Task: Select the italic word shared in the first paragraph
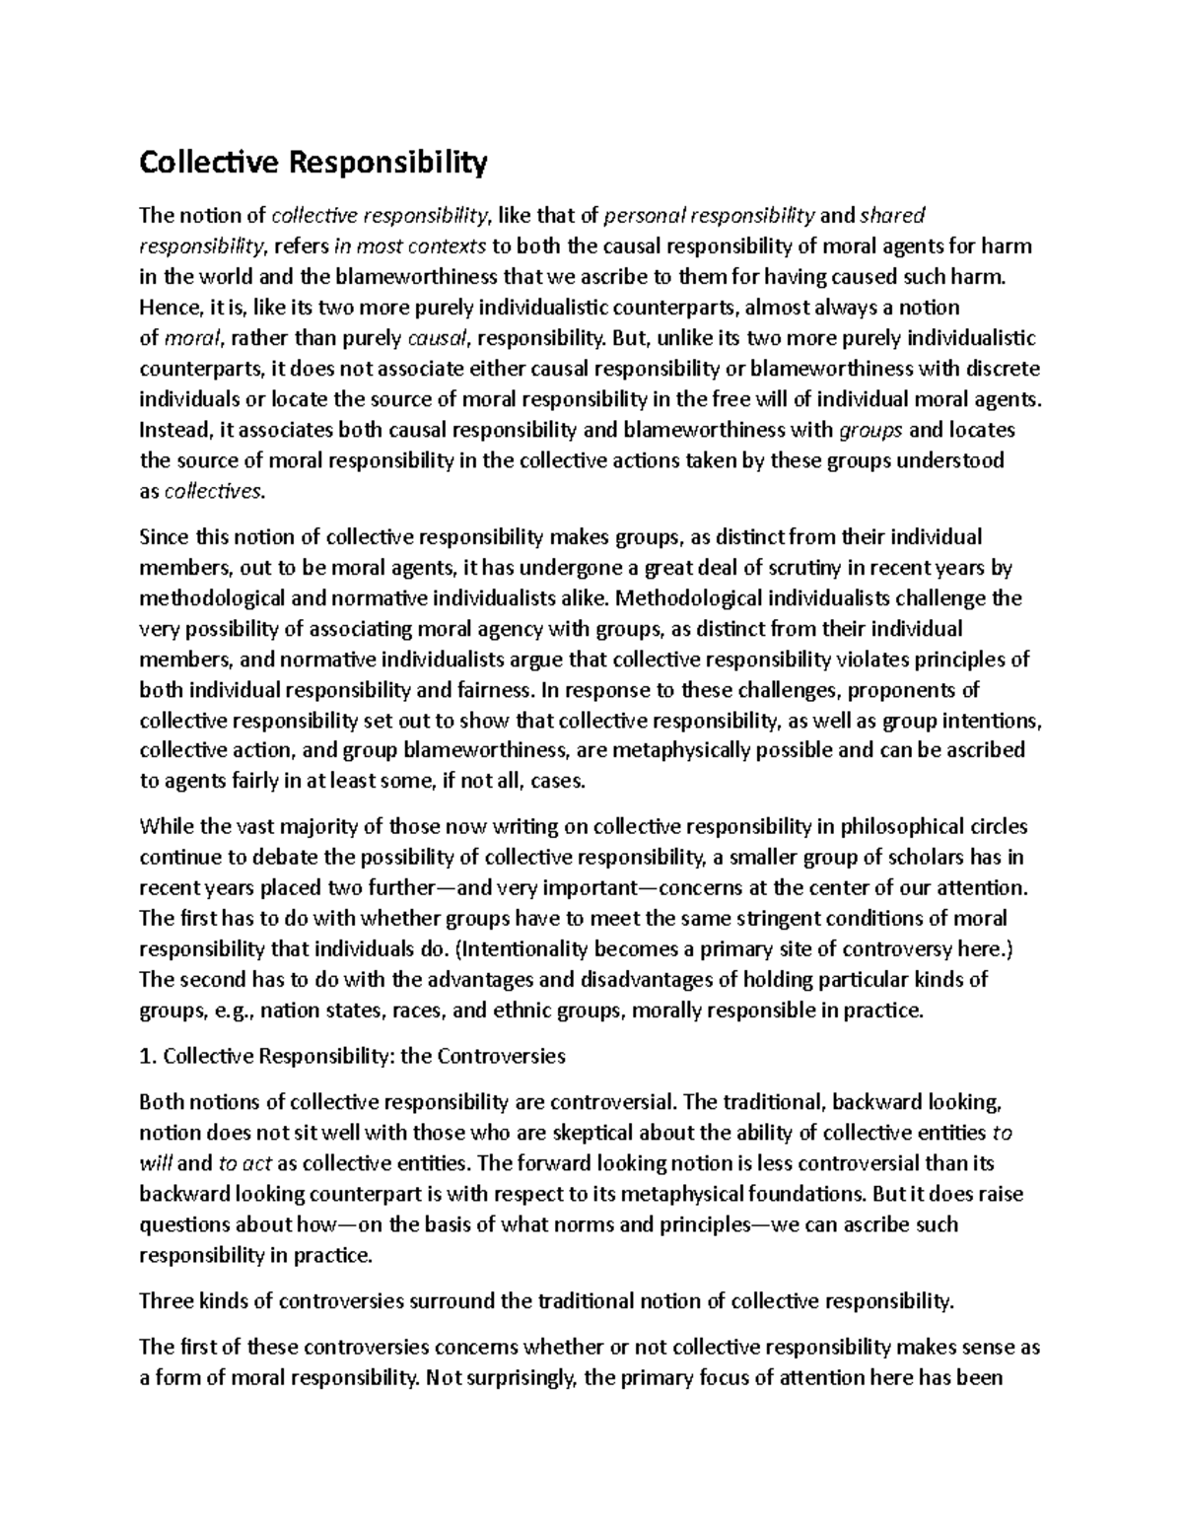(x=893, y=215)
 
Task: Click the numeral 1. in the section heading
(x=149, y=1056)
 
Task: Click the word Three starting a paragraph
(x=166, y=1301)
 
